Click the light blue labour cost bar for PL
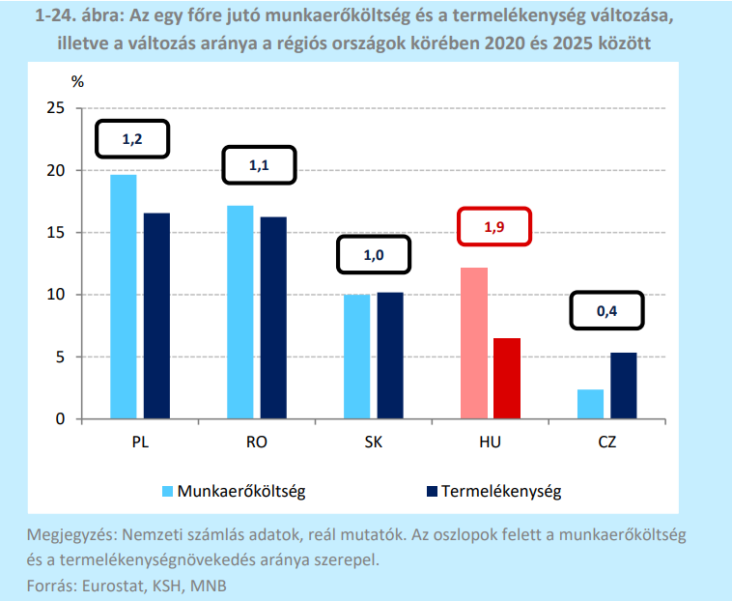tap(124, 297)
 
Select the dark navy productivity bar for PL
tap(156, 316)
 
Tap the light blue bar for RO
tap(240, 312)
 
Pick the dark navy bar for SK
tap(390, 356)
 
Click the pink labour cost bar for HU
tap(474, 343)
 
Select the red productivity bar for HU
tap(507, 378)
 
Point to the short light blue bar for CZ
tap(591, 404)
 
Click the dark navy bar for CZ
tap(624, 386)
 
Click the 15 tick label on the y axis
tap(56, 233)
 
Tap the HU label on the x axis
tap(491, 442)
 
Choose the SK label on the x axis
tap(374, 442)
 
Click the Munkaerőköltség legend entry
tap(234, 491)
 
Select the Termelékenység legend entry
tap(493, 491)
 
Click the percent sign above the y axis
tap(77, 82)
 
